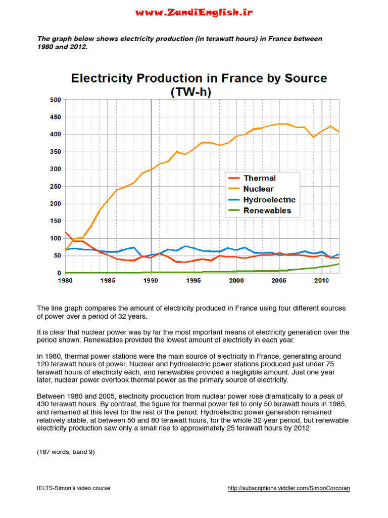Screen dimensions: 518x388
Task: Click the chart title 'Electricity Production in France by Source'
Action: click(x=199, y=79)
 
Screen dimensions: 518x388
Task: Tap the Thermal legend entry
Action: click(x=259, y=178)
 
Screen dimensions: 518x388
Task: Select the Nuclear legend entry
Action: click(x=258, y=189)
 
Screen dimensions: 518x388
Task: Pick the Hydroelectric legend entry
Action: click(x=269, y=200)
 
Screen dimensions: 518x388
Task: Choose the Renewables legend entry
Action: click(x=267, y=210)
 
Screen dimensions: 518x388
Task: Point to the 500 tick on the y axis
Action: click(x=55, y=100)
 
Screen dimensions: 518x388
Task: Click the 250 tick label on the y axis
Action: click(x=55, y=187)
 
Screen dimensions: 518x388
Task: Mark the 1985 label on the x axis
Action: click(x=108, y=280)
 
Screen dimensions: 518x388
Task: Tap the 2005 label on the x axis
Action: click(x=279, y=280)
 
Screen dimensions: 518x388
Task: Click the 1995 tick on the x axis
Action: click(x=193, y=280)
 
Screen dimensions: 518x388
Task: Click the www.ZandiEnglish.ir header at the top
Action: click(x=194, y=12)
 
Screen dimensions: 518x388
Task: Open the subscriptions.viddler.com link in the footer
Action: click(x=288, y=488)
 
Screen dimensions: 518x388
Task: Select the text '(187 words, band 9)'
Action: click(x=66, y=452)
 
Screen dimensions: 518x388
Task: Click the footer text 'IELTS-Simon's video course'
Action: click(x=74, y=488)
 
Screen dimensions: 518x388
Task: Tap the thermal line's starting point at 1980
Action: click(x=66, y=233)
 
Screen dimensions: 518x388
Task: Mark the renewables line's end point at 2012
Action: click(x=339, y=264)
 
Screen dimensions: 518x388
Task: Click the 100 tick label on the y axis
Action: click(x=55, y=238)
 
